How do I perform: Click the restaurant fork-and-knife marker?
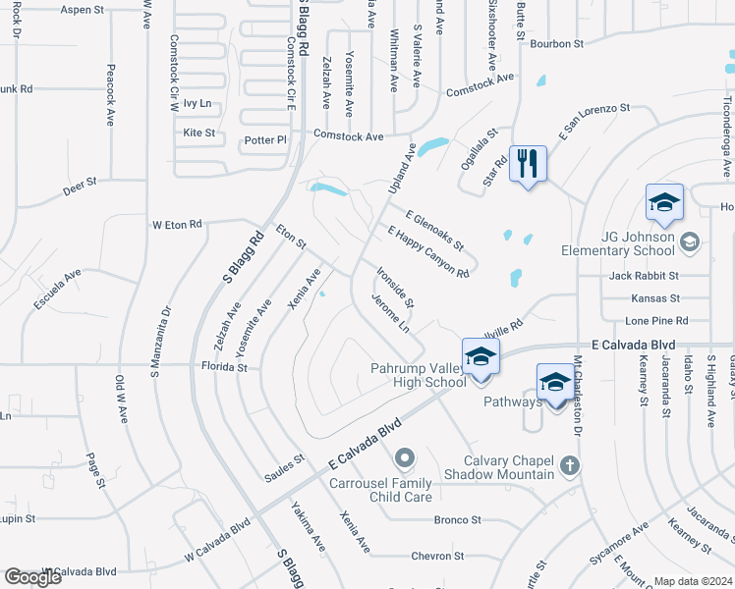point(528,163)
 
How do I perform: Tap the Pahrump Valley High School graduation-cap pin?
point(481,357)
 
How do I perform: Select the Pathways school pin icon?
point(554,382)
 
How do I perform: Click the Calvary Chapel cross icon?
point(569,465)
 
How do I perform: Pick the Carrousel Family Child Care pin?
point(404,458)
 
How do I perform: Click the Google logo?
point(32,576)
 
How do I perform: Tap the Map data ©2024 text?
point(693,581)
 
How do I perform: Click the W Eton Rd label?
point(176,225)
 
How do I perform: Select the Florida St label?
point(225,367)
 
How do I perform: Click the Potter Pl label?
point(266,140)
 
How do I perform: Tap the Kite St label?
point(198,133)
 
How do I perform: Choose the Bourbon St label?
point(556,44)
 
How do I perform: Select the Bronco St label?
point(457,519)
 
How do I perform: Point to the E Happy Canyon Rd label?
point(428,251)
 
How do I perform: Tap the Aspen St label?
point(82,10)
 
